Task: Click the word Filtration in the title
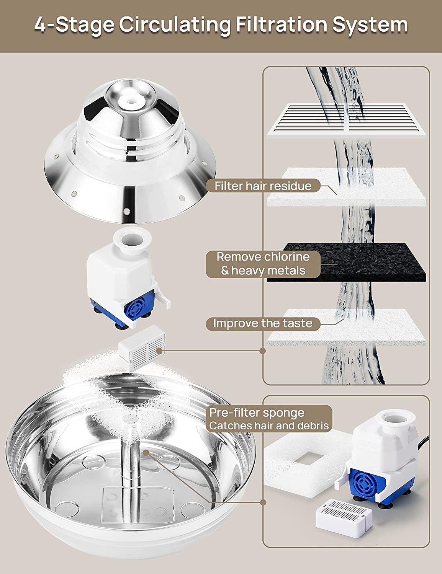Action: pos(282,25)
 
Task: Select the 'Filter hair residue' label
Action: pos(263,186)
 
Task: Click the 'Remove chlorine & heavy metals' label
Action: pos(263,264)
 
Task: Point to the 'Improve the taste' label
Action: pos(263,323)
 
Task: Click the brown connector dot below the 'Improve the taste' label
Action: pos(262,351)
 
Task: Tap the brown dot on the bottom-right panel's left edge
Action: pos(263,502)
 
